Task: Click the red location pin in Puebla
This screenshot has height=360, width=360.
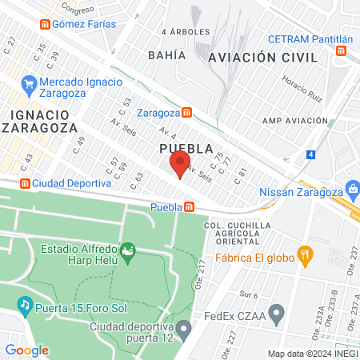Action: (x=178, y=164)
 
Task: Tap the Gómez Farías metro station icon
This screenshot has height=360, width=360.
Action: (x=45, y=24)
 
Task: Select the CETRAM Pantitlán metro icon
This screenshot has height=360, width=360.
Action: (x=342, y=50)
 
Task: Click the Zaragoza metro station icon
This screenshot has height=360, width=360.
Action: (x=186, y=112)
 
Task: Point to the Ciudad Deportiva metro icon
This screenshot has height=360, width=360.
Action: (x=25, y=183)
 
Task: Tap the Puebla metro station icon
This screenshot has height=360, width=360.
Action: (x=189, y=207)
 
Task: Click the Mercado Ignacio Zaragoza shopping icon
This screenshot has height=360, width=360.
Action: (x=29, y=82)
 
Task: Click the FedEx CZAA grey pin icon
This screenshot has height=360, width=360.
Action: (x=277, y=314)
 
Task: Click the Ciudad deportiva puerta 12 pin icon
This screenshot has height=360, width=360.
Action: (x=184, y=329)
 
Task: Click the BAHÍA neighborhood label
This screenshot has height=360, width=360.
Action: (x=166, y=55)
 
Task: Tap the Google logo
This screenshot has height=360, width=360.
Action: (x=27, y=350)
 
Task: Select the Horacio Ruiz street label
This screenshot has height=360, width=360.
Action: (x=303, y=89)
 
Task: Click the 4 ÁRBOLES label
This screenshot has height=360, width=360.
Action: (x=185, y=32)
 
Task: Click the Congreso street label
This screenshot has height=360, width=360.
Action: (x=78, y=10)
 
